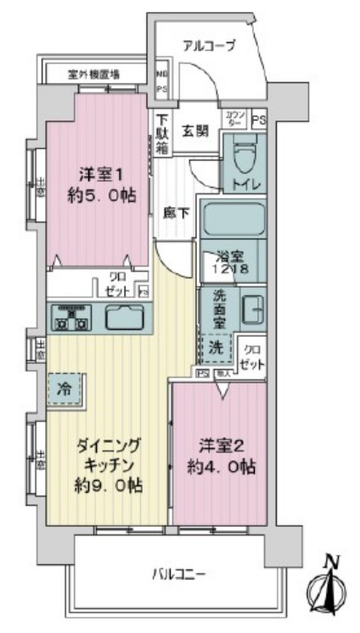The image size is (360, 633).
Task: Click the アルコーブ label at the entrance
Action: point(208,45)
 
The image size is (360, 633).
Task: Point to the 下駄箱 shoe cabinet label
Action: point(162,133)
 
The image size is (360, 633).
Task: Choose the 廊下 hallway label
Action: point(175,213)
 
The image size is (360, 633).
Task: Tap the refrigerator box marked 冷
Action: point(65,391)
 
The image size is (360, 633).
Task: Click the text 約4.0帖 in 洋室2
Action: point(222,467)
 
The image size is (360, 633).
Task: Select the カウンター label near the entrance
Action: point(235,118)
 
